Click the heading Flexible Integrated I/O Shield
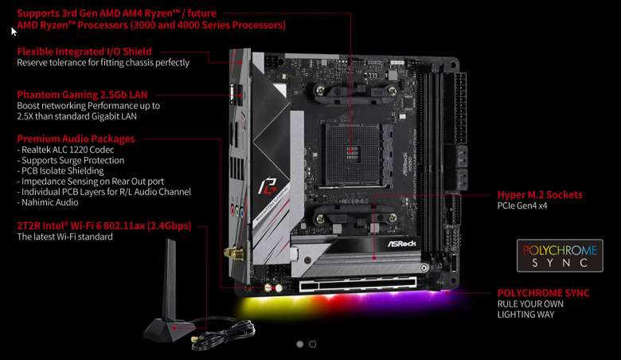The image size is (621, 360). (84, 52)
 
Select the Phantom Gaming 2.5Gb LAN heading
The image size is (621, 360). (82, 95)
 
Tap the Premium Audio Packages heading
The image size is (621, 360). (76, 139)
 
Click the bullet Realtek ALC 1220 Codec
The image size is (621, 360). (65, 150)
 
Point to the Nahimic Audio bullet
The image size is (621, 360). (48, 202)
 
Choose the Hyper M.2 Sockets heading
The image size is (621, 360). (540, 195)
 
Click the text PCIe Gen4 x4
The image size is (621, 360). (522, 205)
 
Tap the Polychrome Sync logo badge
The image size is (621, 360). (560, 256)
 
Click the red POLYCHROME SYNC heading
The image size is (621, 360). (543, 293)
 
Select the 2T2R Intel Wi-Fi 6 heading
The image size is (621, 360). (104, 225)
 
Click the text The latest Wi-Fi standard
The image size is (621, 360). (64, 237)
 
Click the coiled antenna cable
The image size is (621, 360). (224, 333)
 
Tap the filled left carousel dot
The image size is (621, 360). (300, 344)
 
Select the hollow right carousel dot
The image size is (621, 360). (312, 344)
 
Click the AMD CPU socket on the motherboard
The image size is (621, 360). (353, 154)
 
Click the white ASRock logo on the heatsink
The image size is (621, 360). (401, 244)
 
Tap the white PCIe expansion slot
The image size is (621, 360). (358, 284)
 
